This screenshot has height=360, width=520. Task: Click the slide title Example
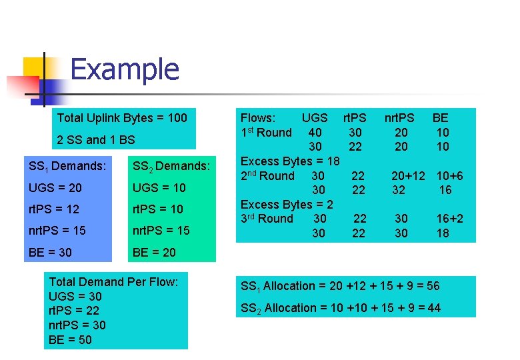click(x=124, y=70)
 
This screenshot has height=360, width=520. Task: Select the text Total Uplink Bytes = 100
click(x=122, y=118)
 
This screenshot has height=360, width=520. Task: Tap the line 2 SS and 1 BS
click(x=96, y=140)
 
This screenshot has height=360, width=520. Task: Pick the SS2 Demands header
click(x=171, y=166)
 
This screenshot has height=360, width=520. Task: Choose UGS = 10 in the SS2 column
click(x=159, y=187)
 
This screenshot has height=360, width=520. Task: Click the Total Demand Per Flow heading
click(x=113, y=282)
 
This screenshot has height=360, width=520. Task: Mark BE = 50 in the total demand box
click(x=71, y=340)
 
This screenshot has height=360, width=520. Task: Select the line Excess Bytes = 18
click(x=290, y=161)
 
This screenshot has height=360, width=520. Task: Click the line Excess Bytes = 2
click(x=287, y=205)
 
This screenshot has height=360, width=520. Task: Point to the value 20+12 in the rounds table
click(x=408, y=176)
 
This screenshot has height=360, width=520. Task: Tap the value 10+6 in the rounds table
click(x=449, y=176)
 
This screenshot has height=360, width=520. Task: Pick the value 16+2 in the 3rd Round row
click(x=450, y=219)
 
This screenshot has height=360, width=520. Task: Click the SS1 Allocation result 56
click(x=433, y=286)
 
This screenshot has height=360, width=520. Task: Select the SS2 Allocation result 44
click(x=433, y=308)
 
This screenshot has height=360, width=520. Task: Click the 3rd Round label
click(x=267, y=219)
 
